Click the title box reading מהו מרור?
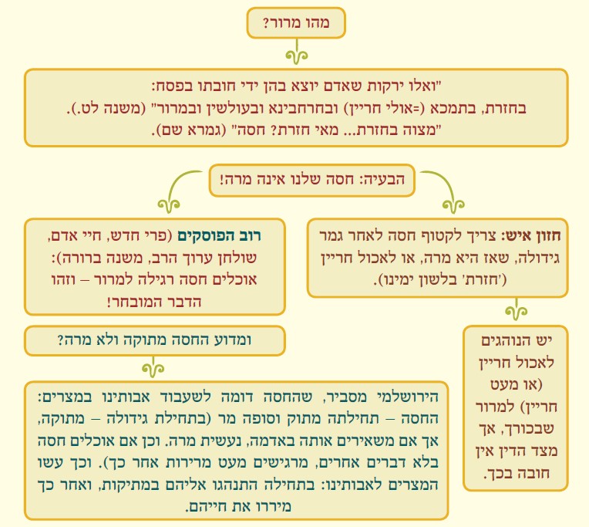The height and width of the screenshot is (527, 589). [x=297, y=24]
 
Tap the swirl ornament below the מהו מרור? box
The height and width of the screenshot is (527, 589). [x=296, y=55]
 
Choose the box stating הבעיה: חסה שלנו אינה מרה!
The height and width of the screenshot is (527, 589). [x=312, y=181]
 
